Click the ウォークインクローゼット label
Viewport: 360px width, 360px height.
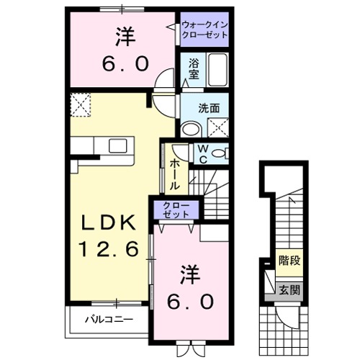204,30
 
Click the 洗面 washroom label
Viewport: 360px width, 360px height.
210,109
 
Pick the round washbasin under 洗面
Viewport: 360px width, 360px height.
192,129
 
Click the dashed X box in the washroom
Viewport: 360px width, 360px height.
217,129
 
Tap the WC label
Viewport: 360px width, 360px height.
203,153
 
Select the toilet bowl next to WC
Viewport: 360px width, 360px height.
220,152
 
